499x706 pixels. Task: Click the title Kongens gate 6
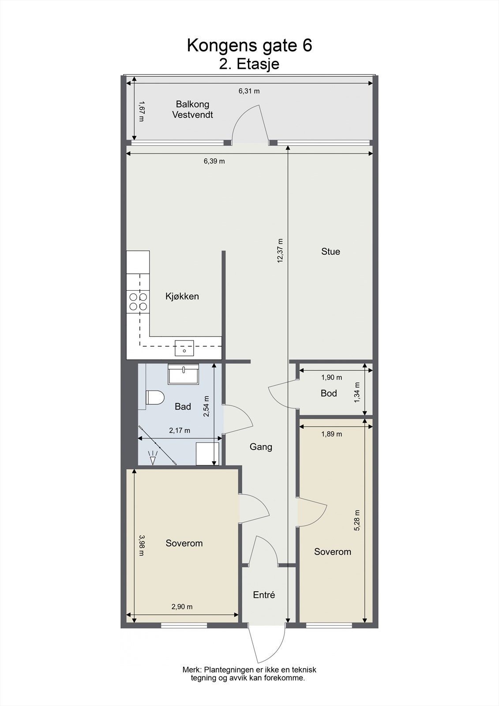tap(249, 45)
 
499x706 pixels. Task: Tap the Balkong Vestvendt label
tap(193, 109)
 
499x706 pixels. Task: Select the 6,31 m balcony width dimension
tap(249, 91)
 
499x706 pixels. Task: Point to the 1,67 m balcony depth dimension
tap(142, 111)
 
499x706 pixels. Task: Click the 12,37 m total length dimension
tap(280, 251)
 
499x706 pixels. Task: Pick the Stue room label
tap(330, 252)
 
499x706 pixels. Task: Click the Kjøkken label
tap(182, 296)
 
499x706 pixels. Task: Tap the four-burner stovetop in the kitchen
tap(138, 302)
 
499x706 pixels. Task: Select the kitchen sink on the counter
tap(184, 348)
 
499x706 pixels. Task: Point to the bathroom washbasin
tap(183, 374)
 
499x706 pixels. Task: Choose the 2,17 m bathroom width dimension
tap(180, 431)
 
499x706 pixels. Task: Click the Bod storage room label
tap(329, 393)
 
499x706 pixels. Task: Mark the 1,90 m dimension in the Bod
tap(332, 377)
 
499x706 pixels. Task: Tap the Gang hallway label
tap(261, 447)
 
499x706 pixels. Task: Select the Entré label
tap(264, 595)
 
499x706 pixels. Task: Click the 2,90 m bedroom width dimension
tap(182, 607)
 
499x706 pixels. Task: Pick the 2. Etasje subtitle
tap(249, 64)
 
